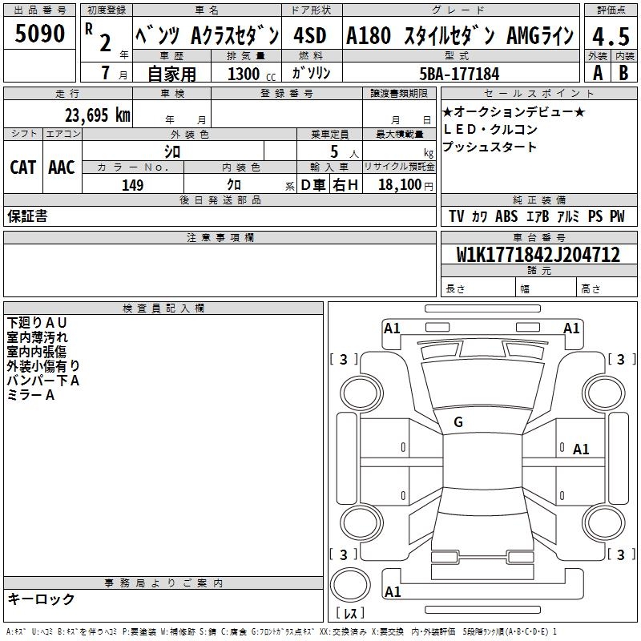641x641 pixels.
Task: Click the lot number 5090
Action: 39,34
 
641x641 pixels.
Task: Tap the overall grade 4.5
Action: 611,36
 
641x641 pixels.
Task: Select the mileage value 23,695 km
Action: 98,115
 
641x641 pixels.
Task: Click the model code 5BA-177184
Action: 459,74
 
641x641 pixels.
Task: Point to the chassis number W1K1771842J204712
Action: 538,255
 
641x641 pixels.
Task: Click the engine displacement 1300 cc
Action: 252,74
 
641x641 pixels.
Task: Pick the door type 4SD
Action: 310,35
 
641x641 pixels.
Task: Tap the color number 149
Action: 132,185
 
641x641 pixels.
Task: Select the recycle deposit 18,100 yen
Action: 405,185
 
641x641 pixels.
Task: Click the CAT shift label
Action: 23,167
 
